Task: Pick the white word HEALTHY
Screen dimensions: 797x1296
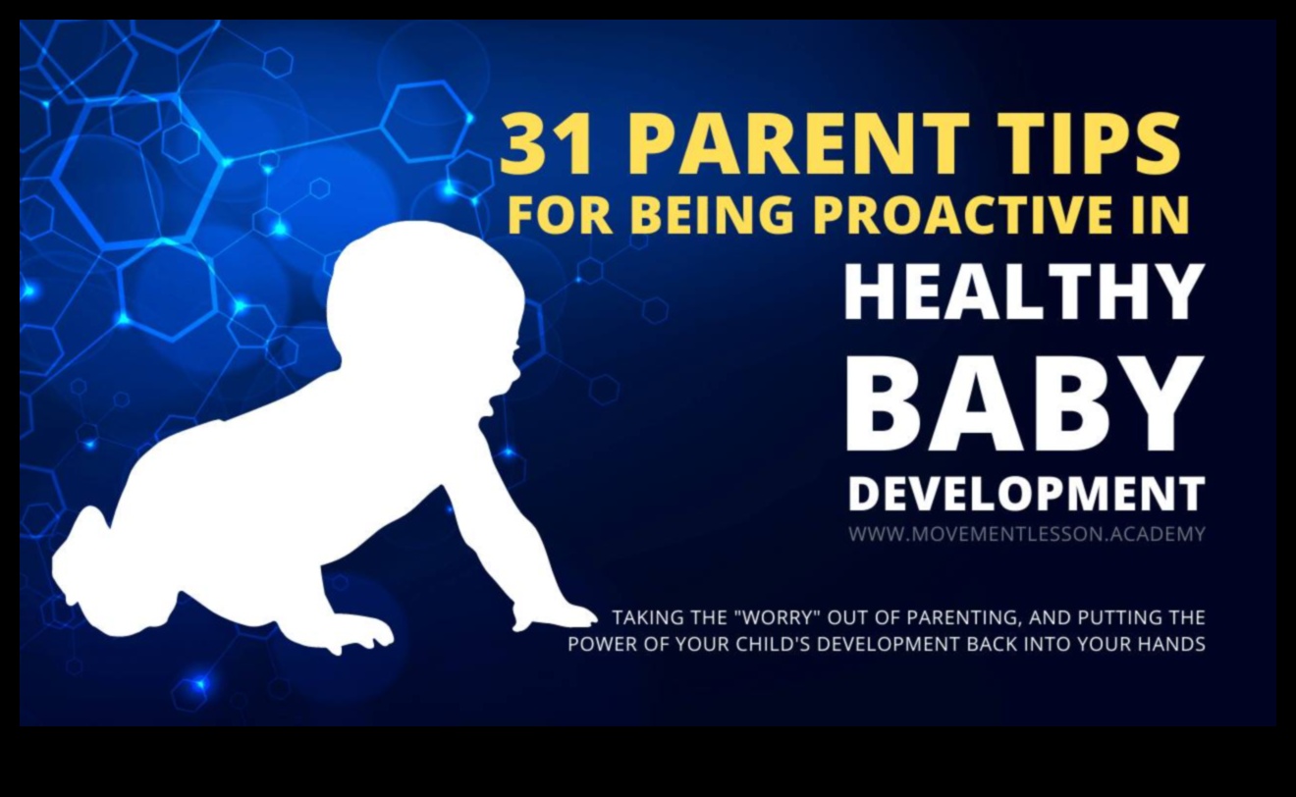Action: tap(1024, 293)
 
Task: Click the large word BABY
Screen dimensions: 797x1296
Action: tap(1024, 403)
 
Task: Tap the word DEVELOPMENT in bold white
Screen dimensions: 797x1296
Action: tap(1026, 494)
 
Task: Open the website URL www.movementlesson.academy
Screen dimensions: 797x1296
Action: tap(1026, 535)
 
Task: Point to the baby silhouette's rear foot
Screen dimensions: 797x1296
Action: tap(79, 559)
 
